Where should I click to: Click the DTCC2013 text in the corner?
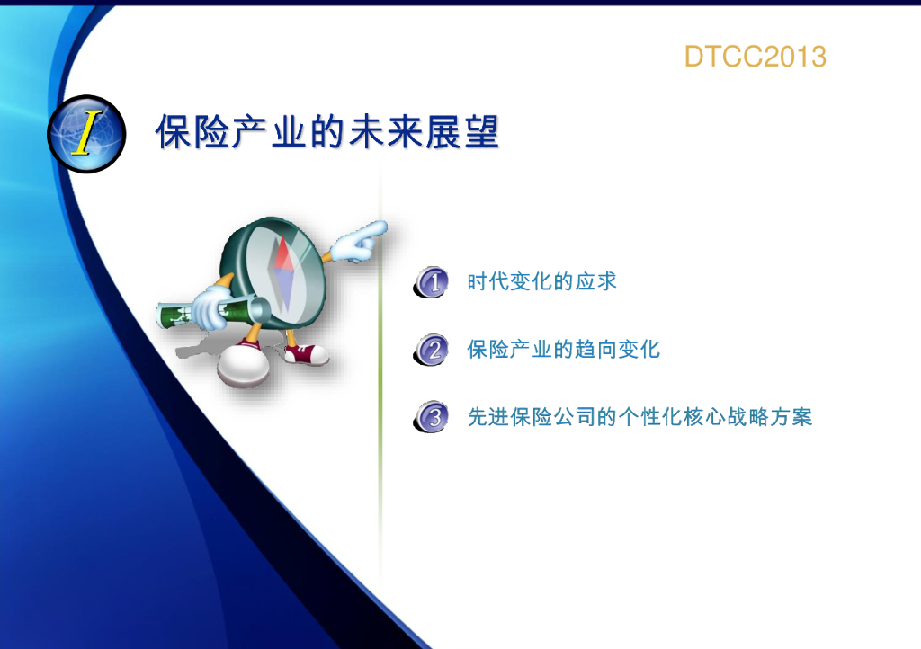pos(756,57)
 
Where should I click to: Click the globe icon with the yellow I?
pos(86,134)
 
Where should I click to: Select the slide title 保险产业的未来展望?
pos(327,131)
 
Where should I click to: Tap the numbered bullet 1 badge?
pos(432,281)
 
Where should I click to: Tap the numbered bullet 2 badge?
pos(432,350)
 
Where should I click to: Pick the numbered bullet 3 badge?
pos(432,417)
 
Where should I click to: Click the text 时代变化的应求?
pos(541,281)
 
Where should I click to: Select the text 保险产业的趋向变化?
pos(563,350)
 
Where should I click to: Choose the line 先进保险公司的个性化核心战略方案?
pos(639,417)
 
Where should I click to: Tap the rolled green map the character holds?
pos(211,312)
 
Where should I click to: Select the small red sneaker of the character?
pos(306,354)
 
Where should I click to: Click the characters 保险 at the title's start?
pos(192,131)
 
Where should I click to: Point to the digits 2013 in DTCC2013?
pos(795,57)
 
